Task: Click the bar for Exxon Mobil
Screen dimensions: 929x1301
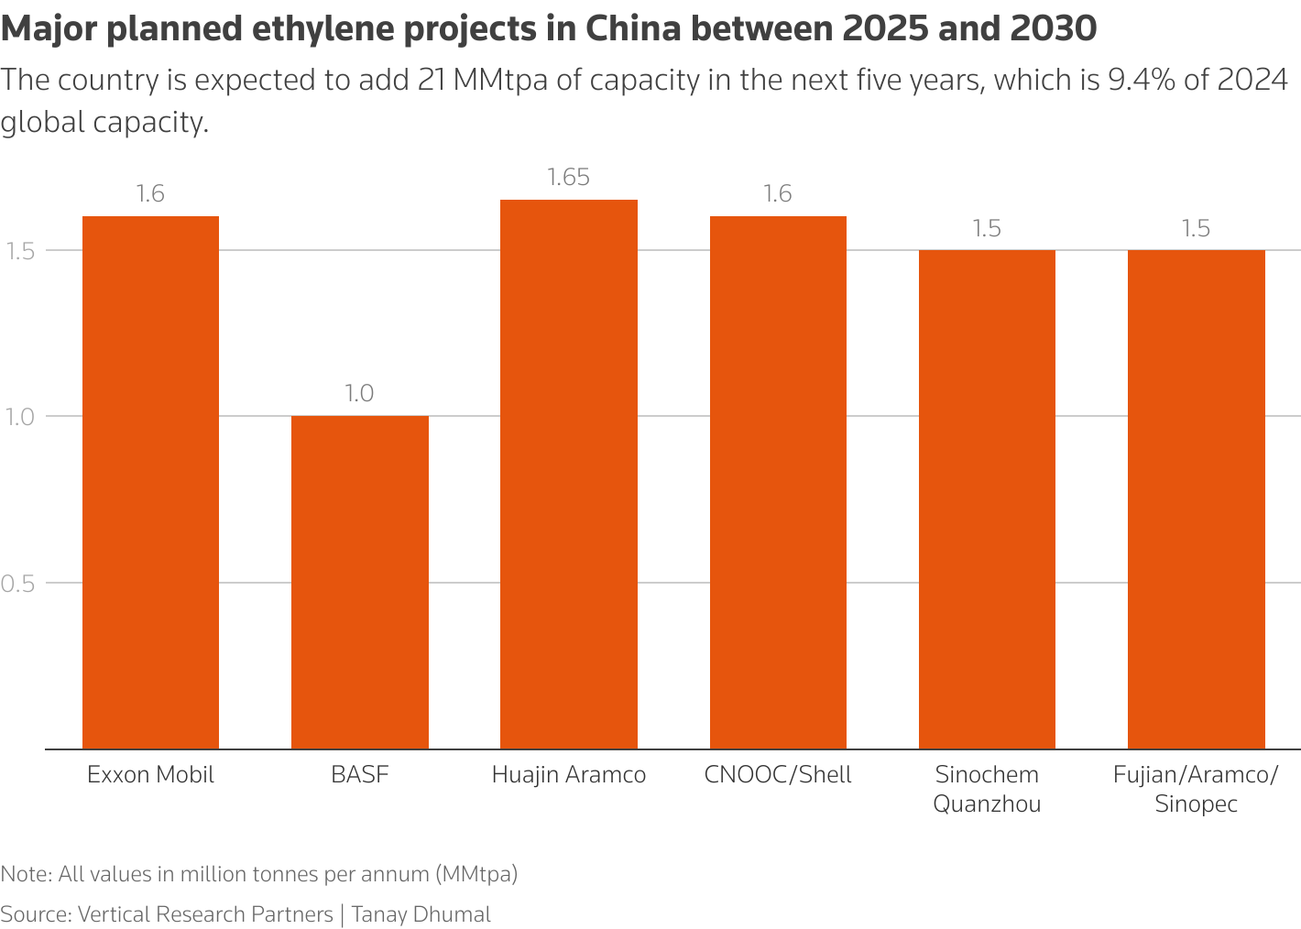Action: pos(150,482)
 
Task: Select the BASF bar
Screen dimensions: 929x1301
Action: pos(359,582)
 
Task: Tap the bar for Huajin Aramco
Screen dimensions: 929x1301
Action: pos(568,474)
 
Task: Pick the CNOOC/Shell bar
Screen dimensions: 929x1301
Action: pos(778,482)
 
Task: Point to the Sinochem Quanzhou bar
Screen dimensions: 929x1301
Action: pos(987,499)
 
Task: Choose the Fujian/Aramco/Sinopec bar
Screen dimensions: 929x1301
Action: pos(1196,499)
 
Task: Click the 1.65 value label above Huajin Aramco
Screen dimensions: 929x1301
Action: pos(568,178)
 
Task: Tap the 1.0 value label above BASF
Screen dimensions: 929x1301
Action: pos(359,394)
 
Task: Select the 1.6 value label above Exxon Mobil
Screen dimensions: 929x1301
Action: pos(150,194)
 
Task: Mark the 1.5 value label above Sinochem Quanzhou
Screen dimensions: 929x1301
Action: pos(987,229)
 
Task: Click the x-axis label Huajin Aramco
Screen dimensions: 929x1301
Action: pos(568,775)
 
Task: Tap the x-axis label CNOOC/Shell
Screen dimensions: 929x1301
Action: pos(778,775)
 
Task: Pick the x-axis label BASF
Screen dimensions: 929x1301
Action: pos(359,775)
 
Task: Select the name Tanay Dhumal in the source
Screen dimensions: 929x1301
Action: pos(421,914)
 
